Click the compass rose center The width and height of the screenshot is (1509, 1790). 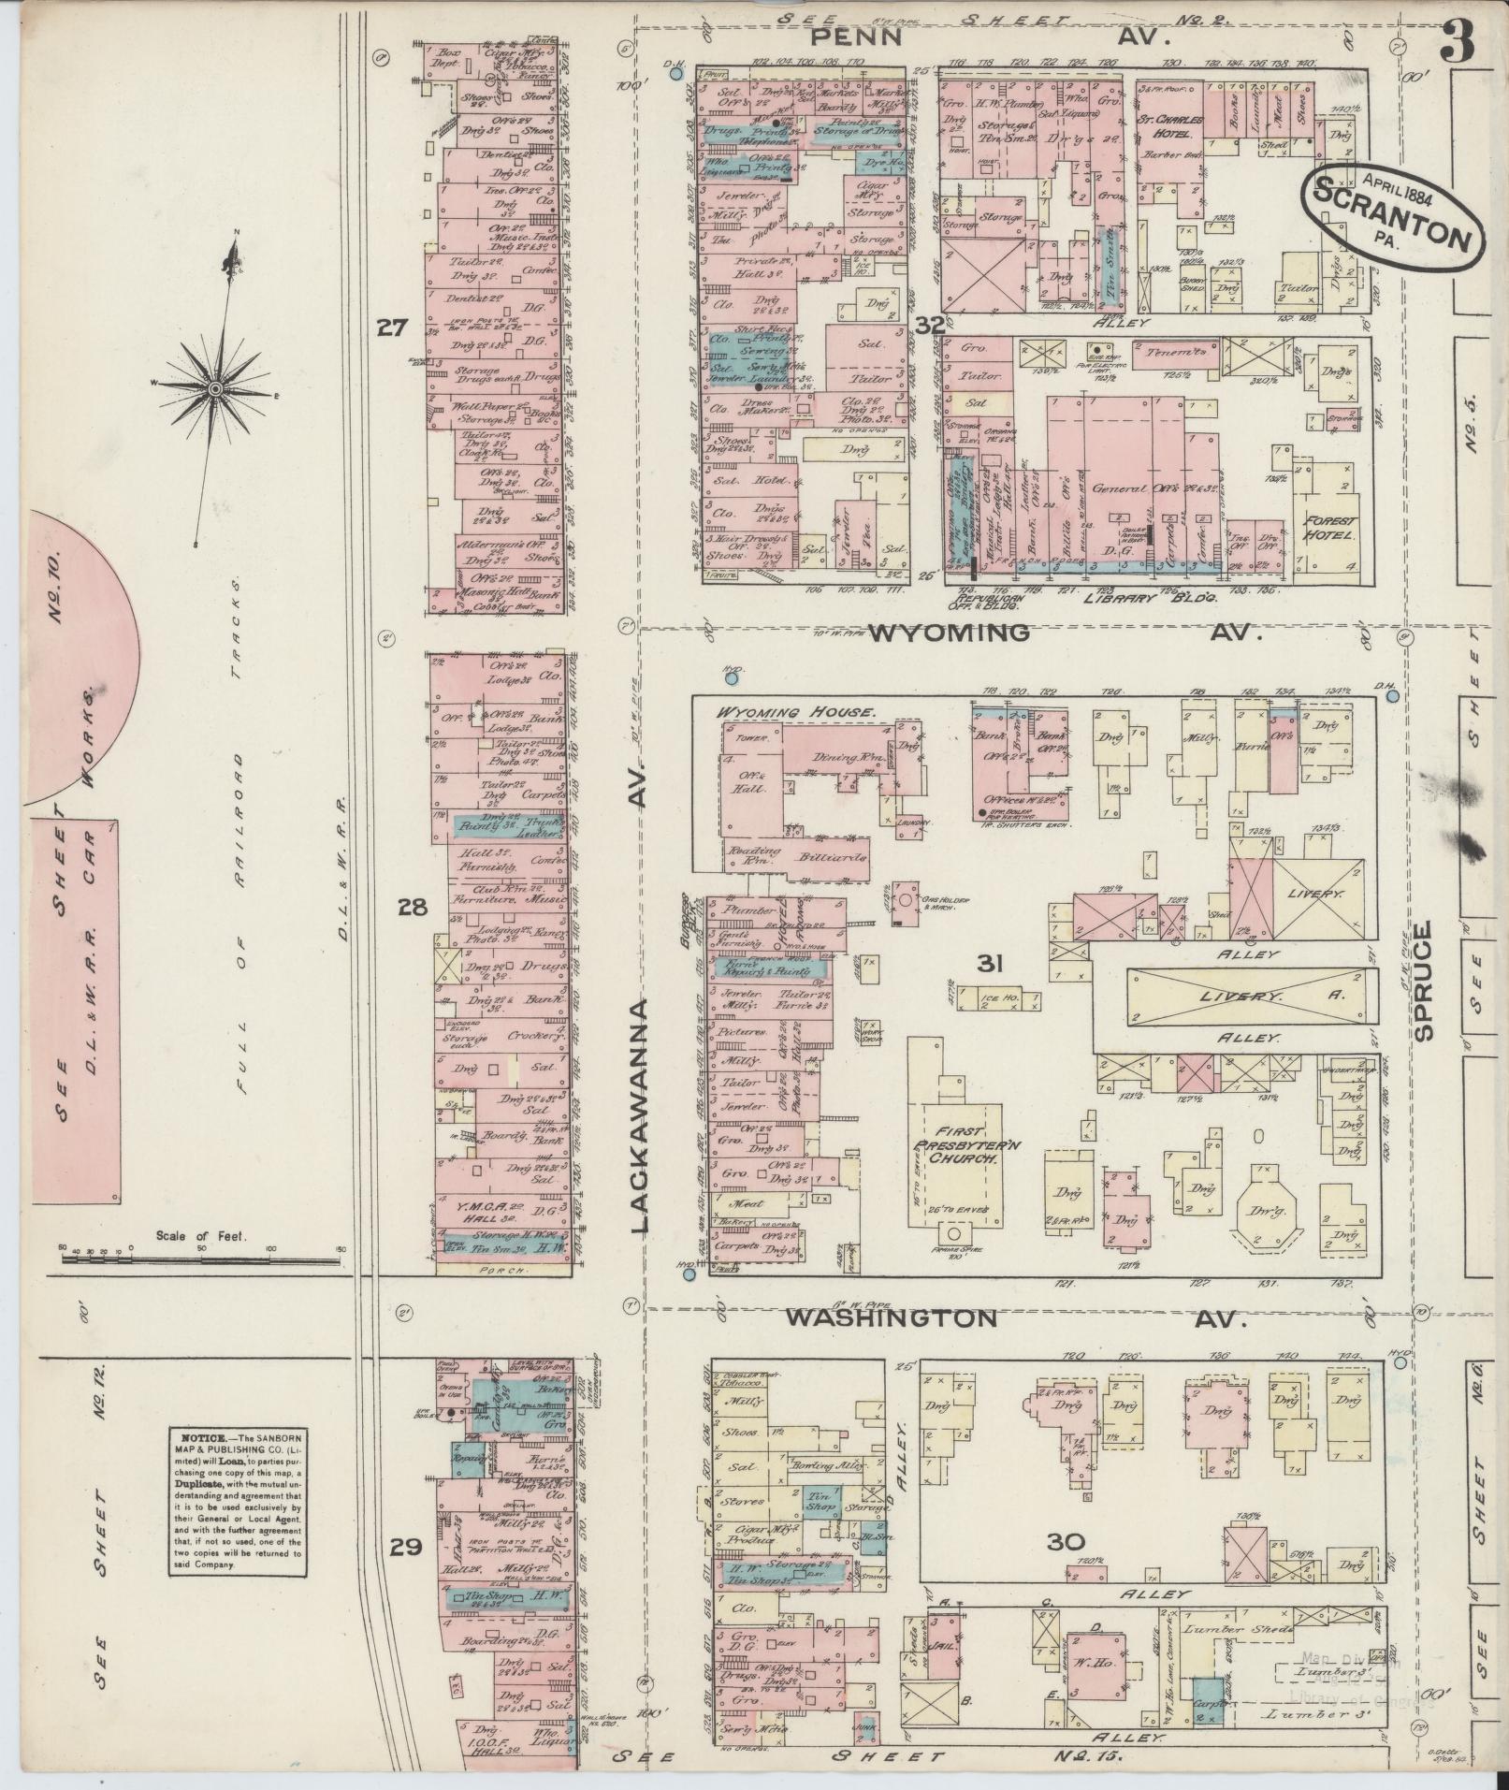tap(216, 387)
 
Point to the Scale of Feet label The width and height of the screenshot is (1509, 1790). tap(200, 1236)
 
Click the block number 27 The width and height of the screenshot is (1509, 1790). tap(391, 327)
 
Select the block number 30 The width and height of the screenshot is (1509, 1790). tap(1065, 1542)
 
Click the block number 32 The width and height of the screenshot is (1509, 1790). tap(931, 326)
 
